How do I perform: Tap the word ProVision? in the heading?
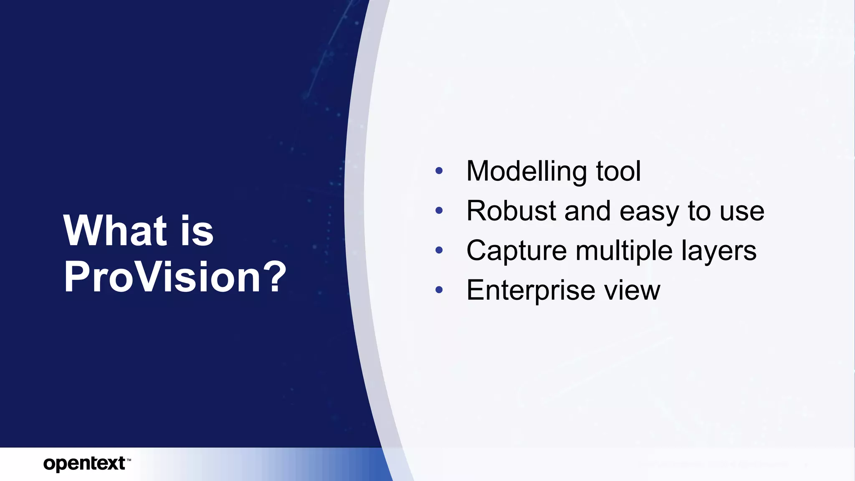click(175, 277)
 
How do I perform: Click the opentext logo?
click(84, 463)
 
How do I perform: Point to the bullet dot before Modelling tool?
click(438, 170)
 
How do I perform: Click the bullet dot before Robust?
click(438, 210)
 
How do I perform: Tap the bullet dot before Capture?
click(438, 250)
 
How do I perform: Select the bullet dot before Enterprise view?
click(438, 290)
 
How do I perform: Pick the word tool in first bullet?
click(618, 171)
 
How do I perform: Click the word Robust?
click(511, 210)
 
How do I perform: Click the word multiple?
click(624, 251)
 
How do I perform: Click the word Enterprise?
click(531, 290)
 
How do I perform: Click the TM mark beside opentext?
click(129, 460)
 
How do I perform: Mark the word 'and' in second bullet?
click(588, 210)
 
